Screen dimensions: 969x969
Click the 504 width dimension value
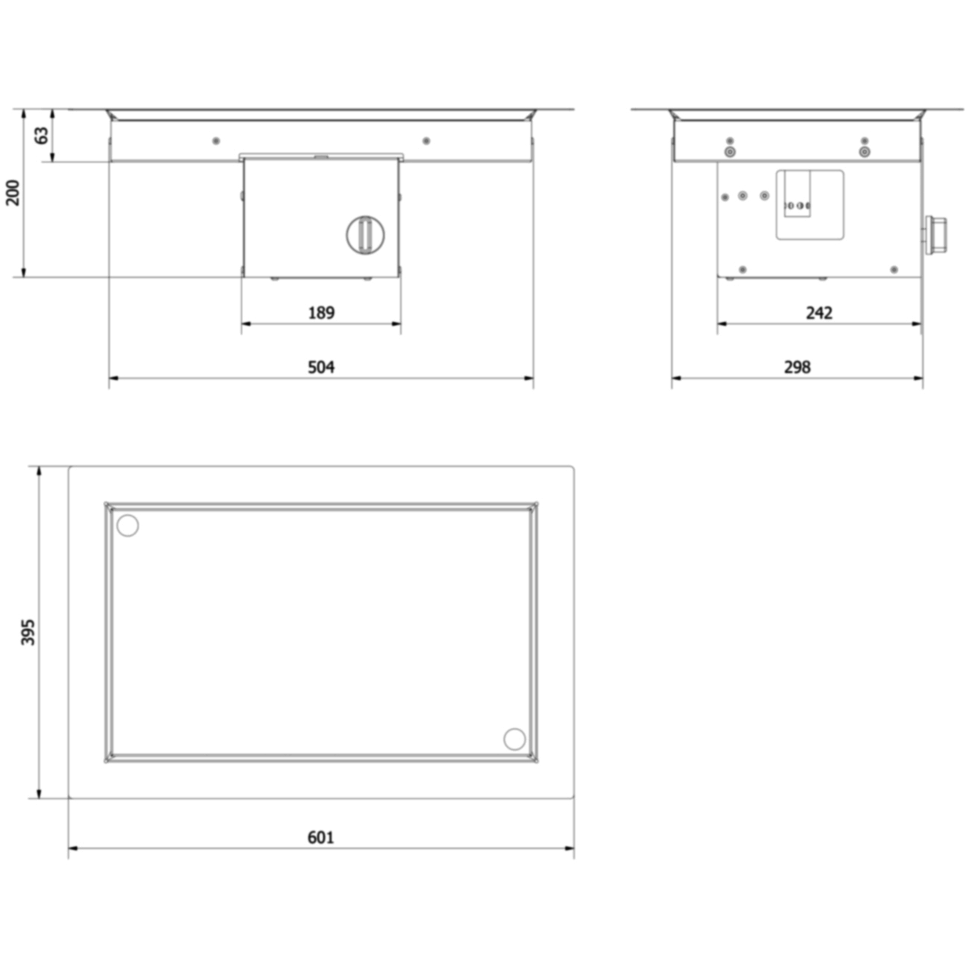coord(321,367)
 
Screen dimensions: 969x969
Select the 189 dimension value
coord(321,313)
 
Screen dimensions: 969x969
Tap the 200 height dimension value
coord(13,192)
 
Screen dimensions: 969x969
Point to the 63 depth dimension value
coord(42,135)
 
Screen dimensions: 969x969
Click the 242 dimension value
coord(819,313)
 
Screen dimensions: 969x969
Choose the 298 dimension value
coord(797,367)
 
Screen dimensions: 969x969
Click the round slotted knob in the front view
coord(365,235)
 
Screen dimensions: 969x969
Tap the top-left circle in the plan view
coord(127,525)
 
